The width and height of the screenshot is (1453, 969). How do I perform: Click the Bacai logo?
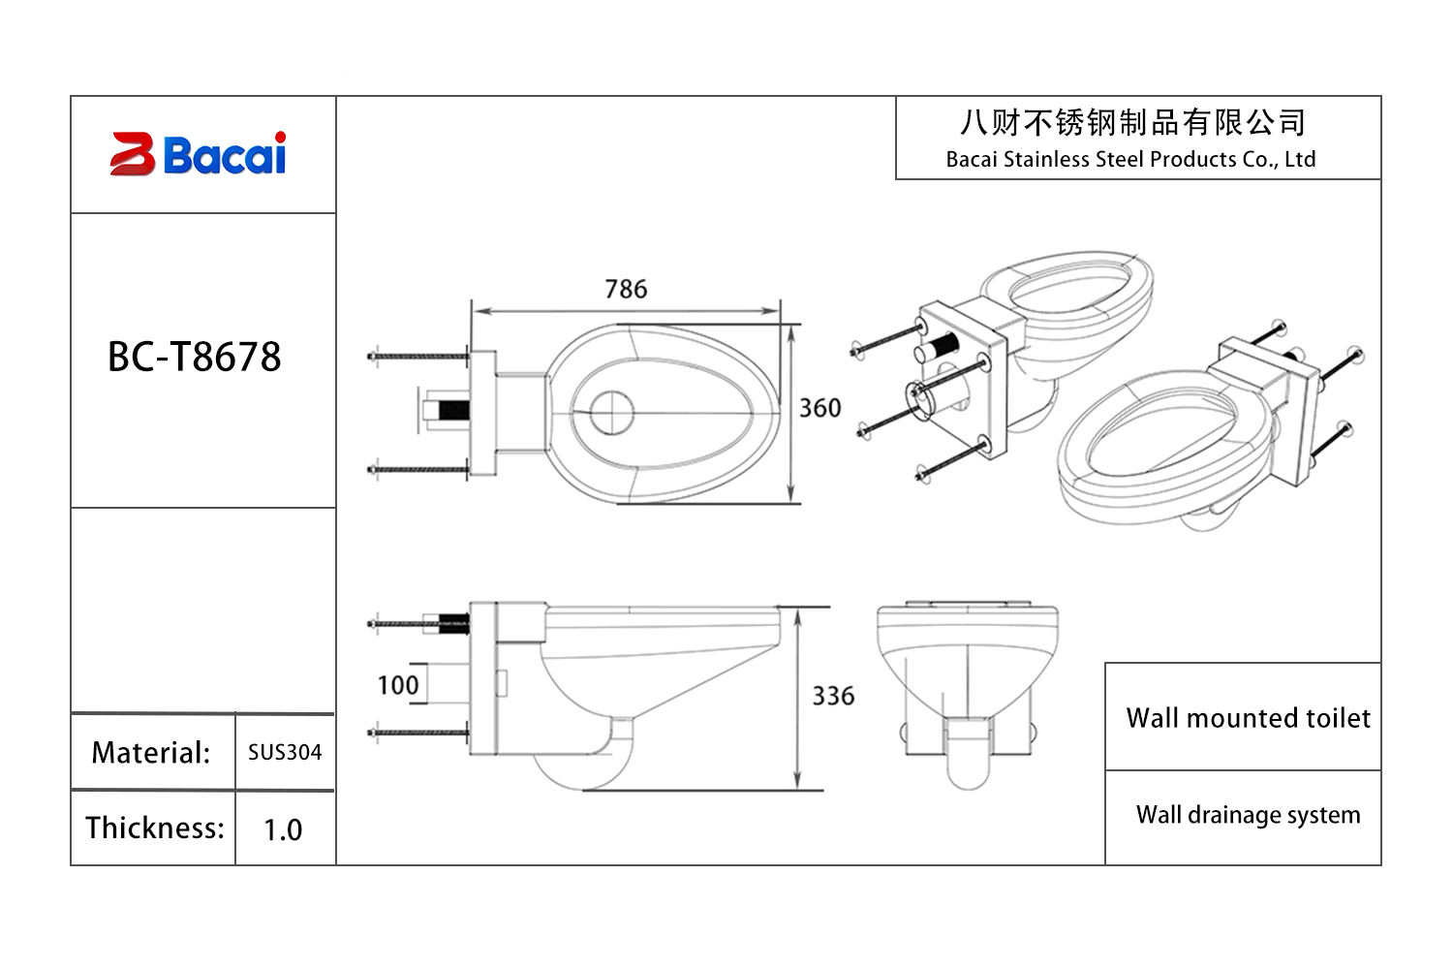click(199, 154)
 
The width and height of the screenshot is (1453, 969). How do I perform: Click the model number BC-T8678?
click(194, 357)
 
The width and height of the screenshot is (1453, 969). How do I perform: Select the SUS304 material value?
click(284, 752)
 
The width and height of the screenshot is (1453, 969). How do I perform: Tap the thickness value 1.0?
click(283, 829)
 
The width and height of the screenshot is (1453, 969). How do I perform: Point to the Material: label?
click(151, 753)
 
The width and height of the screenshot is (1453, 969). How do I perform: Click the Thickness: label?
click(154, 828)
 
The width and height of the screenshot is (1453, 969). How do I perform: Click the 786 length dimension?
click(626, 289)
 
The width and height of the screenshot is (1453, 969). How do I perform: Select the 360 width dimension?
click(819, 408)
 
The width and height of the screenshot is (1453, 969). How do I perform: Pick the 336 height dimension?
click(833, 696)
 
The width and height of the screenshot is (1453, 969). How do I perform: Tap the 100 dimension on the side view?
click(398, 685)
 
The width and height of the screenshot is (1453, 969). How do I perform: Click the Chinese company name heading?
click(1132, 123)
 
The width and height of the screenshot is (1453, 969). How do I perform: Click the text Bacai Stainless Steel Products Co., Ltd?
click(1130, 160)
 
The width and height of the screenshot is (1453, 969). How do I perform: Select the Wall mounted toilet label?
click(1248, 718)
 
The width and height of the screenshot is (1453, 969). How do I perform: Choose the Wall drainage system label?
click(1248, 815)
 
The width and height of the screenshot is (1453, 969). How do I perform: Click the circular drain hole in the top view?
click(611, 413)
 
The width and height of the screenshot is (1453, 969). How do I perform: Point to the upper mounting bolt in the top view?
click(418, 357)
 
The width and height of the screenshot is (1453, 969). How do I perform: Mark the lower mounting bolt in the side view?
click(418, 734)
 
